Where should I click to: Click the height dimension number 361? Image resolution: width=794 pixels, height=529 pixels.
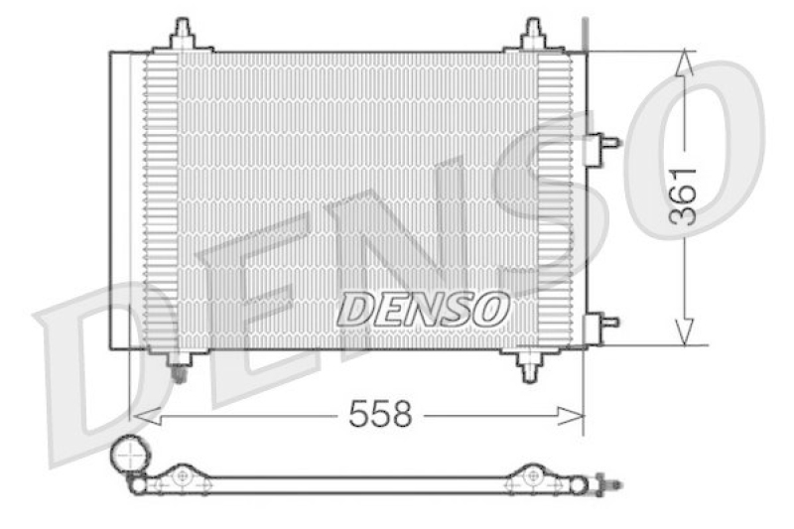click(683, 195)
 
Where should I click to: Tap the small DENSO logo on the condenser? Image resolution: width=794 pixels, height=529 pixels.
click(423, 310)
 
